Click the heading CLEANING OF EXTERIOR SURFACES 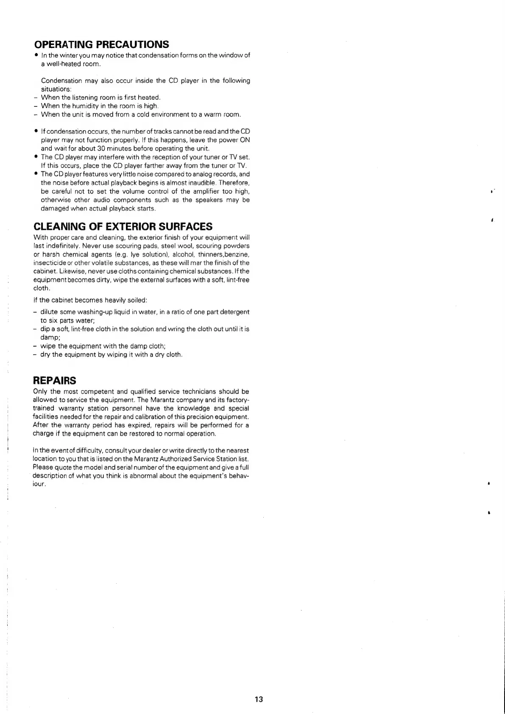123,227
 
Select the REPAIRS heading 54,380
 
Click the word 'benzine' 238,255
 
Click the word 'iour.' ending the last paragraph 39,484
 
